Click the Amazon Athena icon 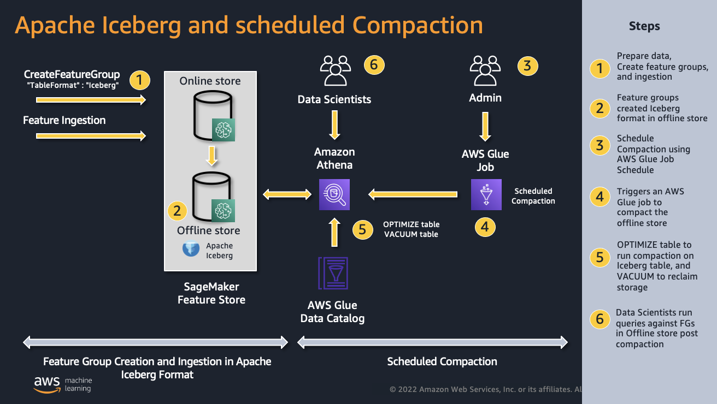[334, 195]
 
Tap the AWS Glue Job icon [486, 195]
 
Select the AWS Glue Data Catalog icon [333, 274]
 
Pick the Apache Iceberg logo [191, 249]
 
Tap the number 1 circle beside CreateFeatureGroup [140, 81]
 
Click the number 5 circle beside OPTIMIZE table [362, 229]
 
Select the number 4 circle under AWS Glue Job [485, 226]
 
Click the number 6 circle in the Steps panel [600, 319]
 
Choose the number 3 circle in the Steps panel [600, 146]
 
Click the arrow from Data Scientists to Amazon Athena [334, 126]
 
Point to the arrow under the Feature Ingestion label [91, 135]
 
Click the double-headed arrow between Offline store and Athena [287, 194]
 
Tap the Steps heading [644, 26]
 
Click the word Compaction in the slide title [418, 25]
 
